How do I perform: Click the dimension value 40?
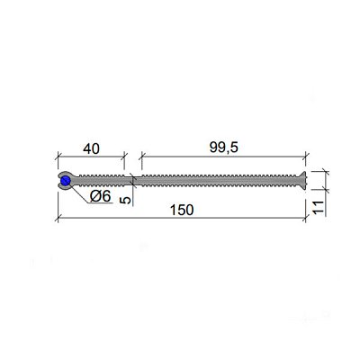(x=91, y=148)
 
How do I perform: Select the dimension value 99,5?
(x=223, y=148)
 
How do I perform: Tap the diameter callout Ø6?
(x=101, y=196)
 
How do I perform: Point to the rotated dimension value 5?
(x=127, y=200)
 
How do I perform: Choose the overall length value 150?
(x=182, y=210)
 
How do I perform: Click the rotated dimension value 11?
(x=319, y=207)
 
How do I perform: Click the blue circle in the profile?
(x=66, y=181)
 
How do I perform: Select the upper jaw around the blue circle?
(x=64, y=175)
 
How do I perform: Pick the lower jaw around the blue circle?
(x=64, y=187)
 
